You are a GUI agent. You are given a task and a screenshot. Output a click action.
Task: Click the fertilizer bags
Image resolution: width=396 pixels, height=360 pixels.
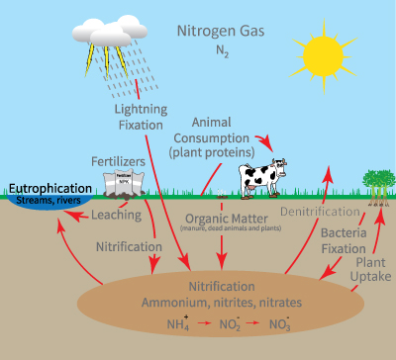click(x=123, y=182)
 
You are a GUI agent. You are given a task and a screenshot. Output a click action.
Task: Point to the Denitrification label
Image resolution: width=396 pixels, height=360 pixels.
click(x=319, y=212)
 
